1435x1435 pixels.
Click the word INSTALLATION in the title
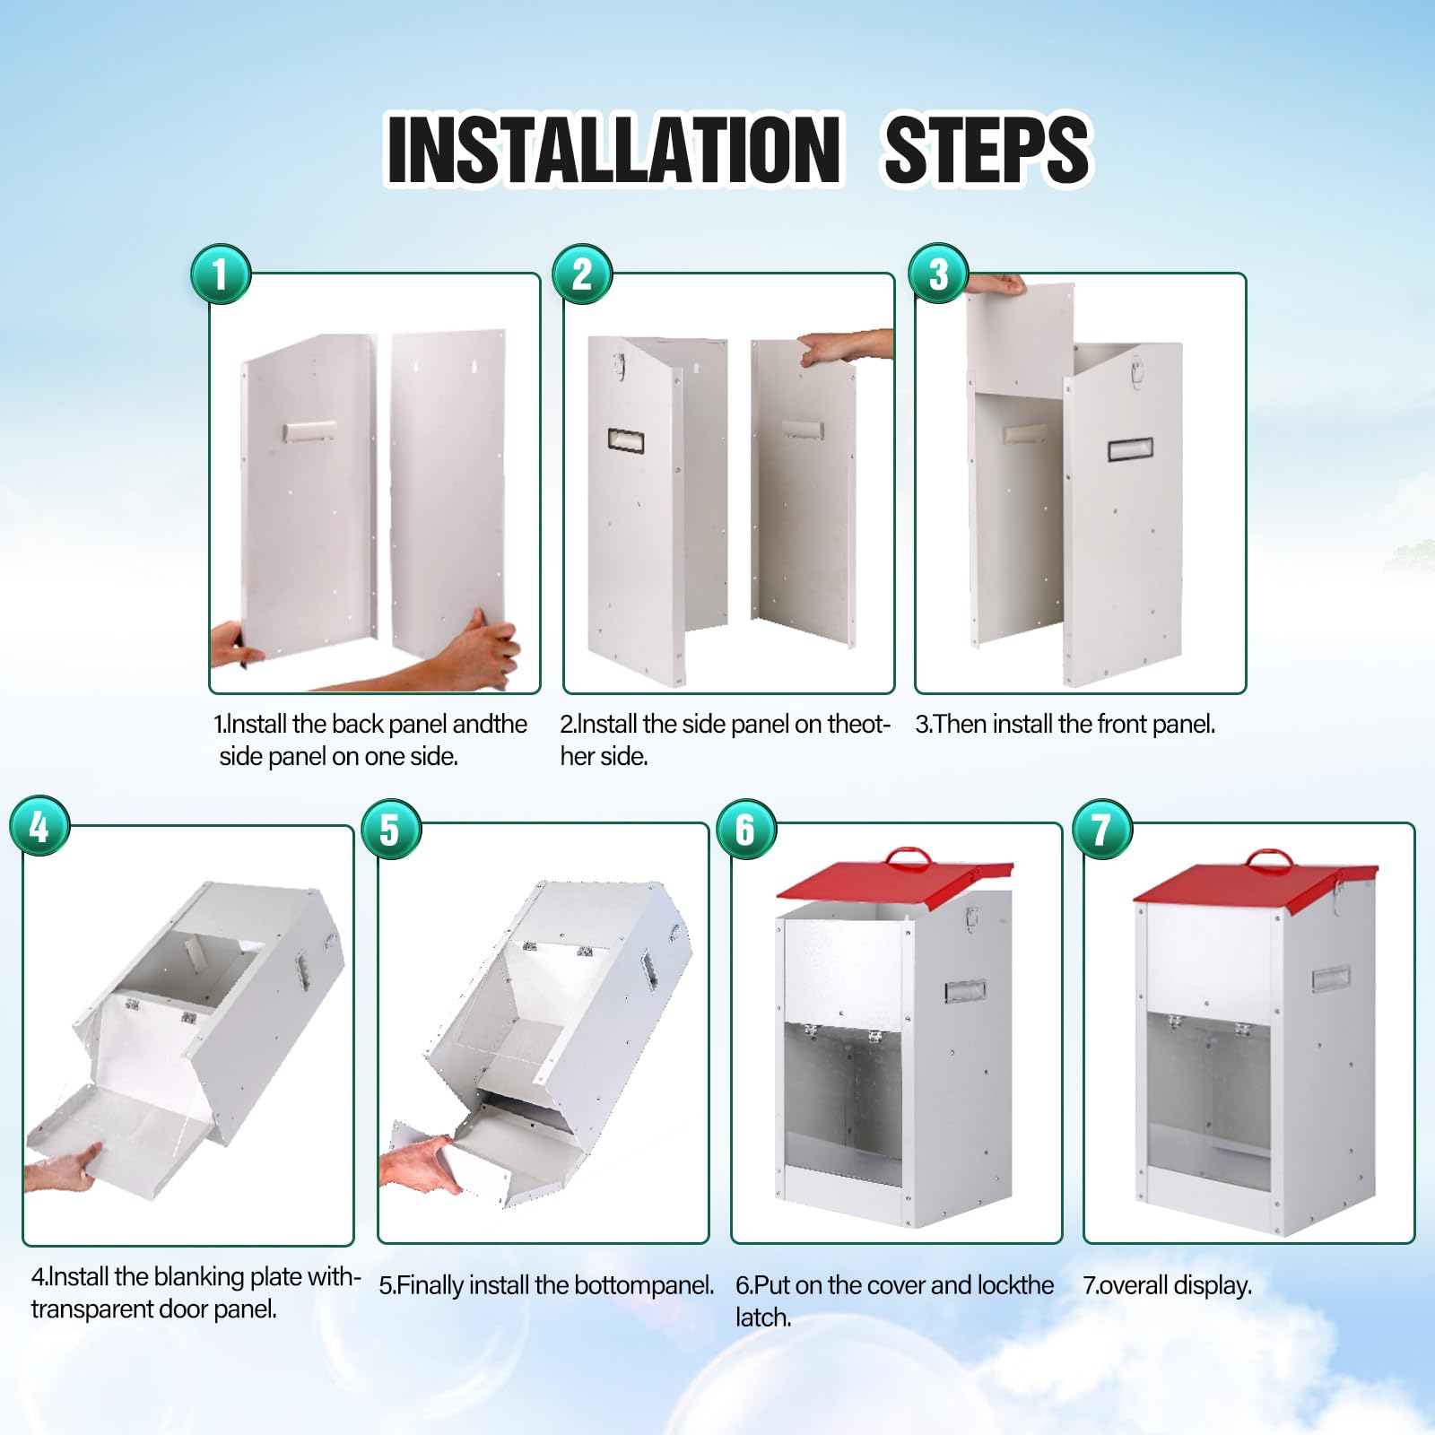point(614,149)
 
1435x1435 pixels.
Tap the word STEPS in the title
point(987,149)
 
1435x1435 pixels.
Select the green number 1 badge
point(221,274)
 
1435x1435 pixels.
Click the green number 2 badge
point(582,274)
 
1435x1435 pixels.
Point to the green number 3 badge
point(938,274)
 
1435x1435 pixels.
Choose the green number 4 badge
point(39,825)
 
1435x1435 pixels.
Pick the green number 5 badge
point(391,829)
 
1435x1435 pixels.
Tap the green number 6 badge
point(746,829)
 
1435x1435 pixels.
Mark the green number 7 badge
point(1102,829)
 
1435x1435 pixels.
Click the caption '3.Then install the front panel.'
point(1065,724)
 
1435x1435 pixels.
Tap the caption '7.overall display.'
point(1167,1285)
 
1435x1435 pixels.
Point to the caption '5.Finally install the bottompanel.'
point(546,1285)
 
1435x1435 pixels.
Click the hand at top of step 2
point(846,346)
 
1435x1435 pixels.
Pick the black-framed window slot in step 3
point(1130,449)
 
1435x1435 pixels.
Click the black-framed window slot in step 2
point(626,439)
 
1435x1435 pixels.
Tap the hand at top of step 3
point(996,284)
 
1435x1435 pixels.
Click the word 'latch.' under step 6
point(763,1318)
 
